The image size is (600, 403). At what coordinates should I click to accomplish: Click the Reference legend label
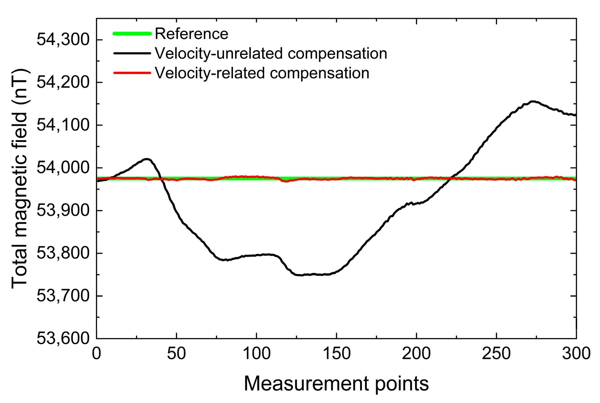(x=191, y=34)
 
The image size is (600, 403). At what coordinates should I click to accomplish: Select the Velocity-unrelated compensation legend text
(x=271, y=53)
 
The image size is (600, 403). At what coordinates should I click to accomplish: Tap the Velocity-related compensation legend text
(x=262, y=73)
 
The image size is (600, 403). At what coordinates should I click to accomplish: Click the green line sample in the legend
(x=132, y=34)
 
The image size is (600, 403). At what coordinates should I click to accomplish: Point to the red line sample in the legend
(x=132, y=73)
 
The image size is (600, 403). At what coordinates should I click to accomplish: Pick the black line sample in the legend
(x=132, y=53)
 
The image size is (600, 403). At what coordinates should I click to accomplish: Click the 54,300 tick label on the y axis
(x=63, y=40)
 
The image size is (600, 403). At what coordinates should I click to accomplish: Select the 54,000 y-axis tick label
(x=63, y=168)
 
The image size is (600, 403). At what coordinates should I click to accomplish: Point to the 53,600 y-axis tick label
(x=63, y=338)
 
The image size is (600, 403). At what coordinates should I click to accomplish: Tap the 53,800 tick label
(x=63, y=253)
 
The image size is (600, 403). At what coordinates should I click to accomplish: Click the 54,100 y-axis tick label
(x=63, y=125)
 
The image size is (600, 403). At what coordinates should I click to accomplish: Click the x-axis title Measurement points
(x=336, y=383)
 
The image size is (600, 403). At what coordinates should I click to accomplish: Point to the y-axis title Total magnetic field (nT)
(x=19, y=178)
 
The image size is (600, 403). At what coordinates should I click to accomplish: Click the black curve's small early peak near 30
(x=146, y=159)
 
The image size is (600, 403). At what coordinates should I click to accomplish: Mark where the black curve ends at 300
(x=575, y=115)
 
